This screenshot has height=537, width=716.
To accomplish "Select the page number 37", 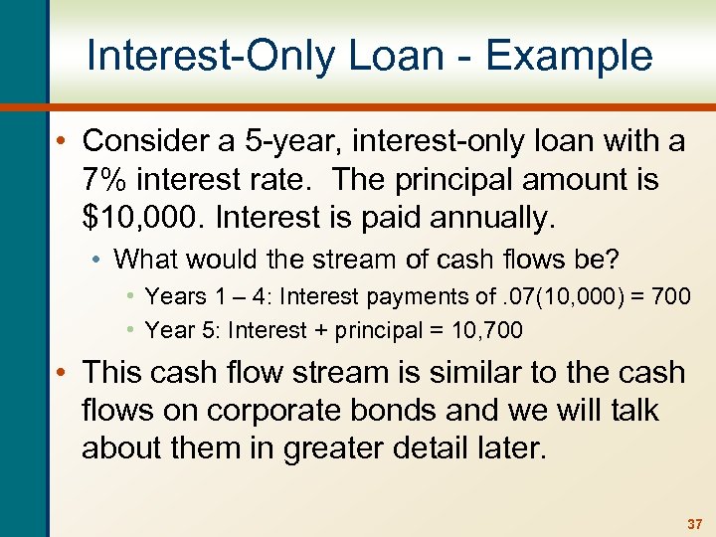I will (x=693, y=524).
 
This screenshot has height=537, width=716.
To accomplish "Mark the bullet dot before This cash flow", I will (x=65, y=374).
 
